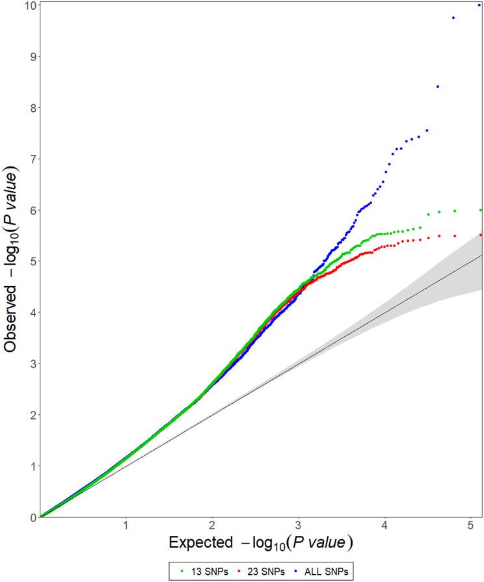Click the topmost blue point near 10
[x=479, y=5]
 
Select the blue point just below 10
[x=453, y=18]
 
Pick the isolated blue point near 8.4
[x=438, y=86]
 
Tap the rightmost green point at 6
[x=481, y=210]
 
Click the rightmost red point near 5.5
[x=481, y=235]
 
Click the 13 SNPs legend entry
[x=200, y=570]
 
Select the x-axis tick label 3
[x=298, y=525]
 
